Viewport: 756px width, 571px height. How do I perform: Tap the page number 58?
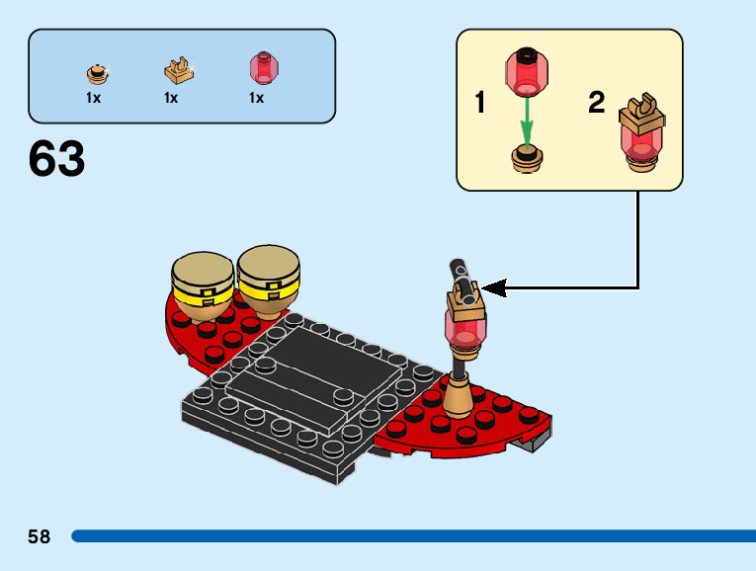pos(40,536)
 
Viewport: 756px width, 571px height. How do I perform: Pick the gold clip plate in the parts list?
pos(178,71)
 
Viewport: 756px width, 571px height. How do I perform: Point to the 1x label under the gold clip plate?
pos(171,98)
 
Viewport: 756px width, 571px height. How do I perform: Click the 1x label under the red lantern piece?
pos(256,98)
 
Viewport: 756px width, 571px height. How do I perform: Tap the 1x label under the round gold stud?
pos(93,98)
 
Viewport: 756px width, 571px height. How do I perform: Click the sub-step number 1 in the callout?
pos(480,102)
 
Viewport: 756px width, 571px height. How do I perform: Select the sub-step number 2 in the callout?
pos(596,102)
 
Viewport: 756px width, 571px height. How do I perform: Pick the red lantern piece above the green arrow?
pos(527,70)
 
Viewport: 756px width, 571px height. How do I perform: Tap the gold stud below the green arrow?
pos(528,158)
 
